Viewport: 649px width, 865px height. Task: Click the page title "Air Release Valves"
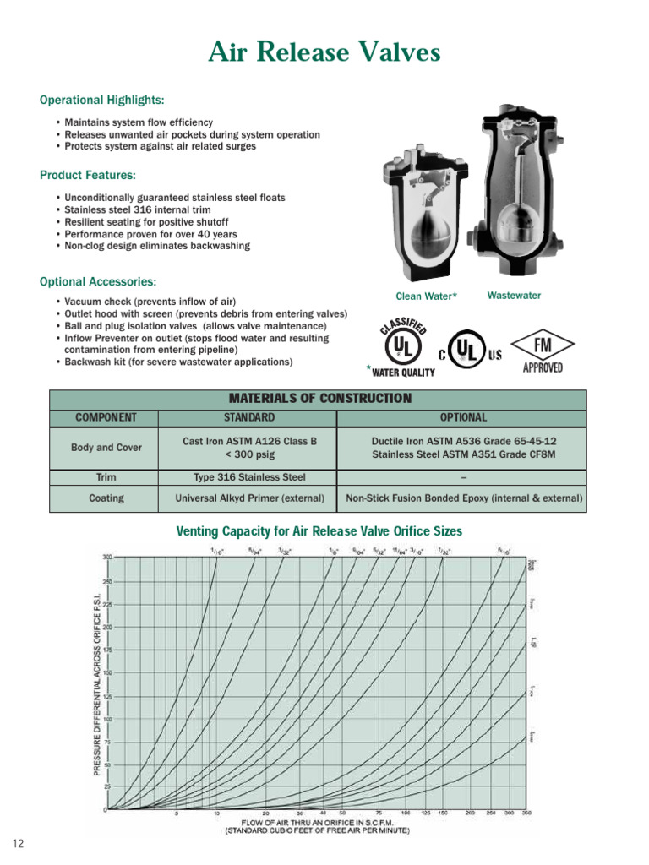(x=324, y=53)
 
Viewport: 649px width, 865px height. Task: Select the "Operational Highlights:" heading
(x=101, y=100)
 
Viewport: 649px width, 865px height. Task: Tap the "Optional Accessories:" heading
(x=97, y=281)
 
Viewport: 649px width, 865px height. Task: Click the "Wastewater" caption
(x=514, y=296)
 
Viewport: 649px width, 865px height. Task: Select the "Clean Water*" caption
(x=427, y=296)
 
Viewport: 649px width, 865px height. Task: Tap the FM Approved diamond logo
(x=542, y=346)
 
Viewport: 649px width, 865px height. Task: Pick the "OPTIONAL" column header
(x=463, y=417)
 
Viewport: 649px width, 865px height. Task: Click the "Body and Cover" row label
(x=106, y=447)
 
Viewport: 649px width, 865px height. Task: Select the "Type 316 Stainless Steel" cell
(x=248, y=477)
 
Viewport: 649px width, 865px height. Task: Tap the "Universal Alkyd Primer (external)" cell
(x=248, y=498)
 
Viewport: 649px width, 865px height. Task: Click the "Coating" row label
(x=106, y=498)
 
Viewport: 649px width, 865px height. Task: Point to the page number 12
(x=18, y=844)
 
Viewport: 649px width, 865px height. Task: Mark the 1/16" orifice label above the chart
(x=217, y=550)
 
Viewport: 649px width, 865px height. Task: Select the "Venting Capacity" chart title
(x=319, y=531)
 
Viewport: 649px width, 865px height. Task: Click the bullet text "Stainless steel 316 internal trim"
(x=138, y=209)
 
